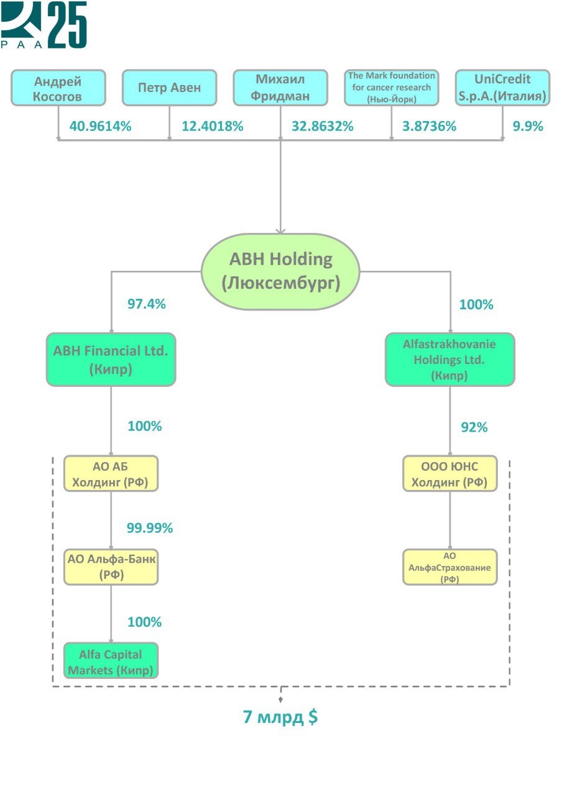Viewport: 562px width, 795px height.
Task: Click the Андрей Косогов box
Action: (58, 88)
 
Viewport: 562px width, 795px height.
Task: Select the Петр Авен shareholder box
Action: (169, 88)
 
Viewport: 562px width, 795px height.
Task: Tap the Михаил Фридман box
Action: (280, 88)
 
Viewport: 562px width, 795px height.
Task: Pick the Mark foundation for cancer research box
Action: (391, 88)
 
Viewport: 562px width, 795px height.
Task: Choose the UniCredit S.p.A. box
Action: (502, 88)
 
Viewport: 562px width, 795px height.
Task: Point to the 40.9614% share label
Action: (101, 126)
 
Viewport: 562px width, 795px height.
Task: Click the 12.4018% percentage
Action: (212, 126)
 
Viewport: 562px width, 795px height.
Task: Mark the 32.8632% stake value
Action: (323, 126)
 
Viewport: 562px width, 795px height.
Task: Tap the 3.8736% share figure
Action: (430, 126)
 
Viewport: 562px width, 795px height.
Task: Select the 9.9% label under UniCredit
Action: (528, 126)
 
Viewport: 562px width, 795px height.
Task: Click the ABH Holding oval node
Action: (280, 271)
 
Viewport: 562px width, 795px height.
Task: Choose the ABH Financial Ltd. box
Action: (111, 360)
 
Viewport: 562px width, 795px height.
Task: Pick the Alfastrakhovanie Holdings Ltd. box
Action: (449, 360)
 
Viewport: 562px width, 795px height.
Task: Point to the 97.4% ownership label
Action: (147, 304)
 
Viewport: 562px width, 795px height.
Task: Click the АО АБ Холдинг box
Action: (111, 474)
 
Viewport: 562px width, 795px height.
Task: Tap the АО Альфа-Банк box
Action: (111, 566)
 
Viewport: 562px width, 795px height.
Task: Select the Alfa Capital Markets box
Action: (111, 661)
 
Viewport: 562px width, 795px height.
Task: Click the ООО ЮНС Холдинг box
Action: (449, 474)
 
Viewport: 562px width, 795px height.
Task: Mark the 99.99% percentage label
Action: (150, 529)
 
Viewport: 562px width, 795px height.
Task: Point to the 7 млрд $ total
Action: (280, 717)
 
